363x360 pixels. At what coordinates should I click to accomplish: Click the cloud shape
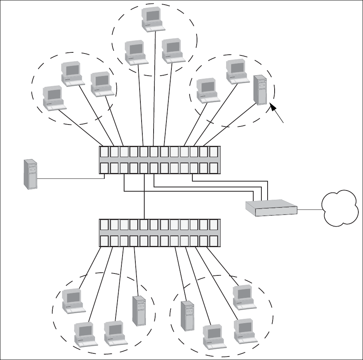coord(340,209)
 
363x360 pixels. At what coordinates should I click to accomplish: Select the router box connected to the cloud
coord(271,208)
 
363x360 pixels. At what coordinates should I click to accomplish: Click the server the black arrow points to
coord(261,90)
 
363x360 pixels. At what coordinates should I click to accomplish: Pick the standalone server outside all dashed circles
coord(31,174)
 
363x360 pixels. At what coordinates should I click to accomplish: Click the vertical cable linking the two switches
coord(144,198)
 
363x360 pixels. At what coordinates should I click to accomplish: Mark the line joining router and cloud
coord(310,209)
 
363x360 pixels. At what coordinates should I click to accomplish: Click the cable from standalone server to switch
coord(70,178)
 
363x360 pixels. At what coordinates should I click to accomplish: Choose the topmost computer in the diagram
coord(152,19)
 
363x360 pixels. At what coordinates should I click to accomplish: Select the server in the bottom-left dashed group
coord(139,310)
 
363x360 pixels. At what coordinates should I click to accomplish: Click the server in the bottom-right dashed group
coord(188,315)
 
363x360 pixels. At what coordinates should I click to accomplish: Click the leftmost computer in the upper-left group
coord(54,98)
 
